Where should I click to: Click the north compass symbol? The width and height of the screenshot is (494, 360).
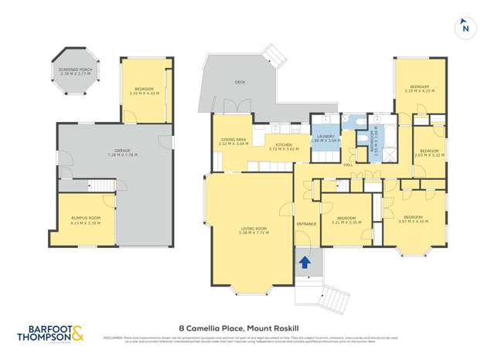coord(465,28)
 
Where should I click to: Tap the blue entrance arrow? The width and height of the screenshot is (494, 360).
coord(305,263)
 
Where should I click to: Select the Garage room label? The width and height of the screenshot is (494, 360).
coord(115,153)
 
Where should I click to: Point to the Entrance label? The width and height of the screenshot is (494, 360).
coord(307,224)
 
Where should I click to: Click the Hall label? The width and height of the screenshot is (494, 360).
coord(348,165)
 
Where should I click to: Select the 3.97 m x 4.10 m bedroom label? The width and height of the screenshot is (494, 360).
coord(416,219)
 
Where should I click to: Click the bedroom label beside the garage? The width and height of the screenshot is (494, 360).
coord(145,92)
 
